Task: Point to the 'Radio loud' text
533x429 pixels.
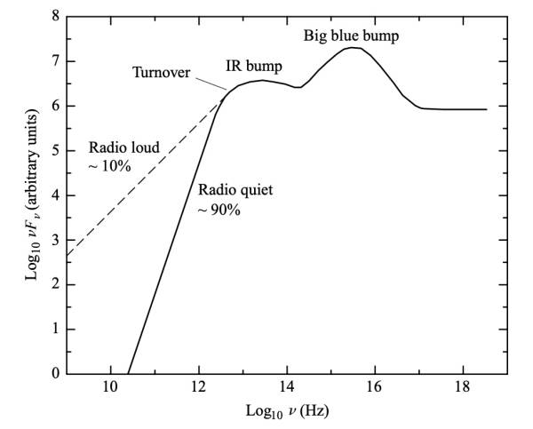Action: pos(122,147)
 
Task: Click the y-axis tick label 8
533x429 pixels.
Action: pos(56,17)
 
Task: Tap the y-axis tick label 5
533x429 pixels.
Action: pos(56,150)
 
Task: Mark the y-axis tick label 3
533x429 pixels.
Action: pos(56,240)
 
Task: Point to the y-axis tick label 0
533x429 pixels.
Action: pos(56,373)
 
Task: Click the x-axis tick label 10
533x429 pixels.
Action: pos(110,388)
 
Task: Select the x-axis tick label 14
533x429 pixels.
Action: pos(287,388)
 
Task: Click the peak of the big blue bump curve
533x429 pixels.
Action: pos(353,48)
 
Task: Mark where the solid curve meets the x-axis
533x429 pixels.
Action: pos(129,372)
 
